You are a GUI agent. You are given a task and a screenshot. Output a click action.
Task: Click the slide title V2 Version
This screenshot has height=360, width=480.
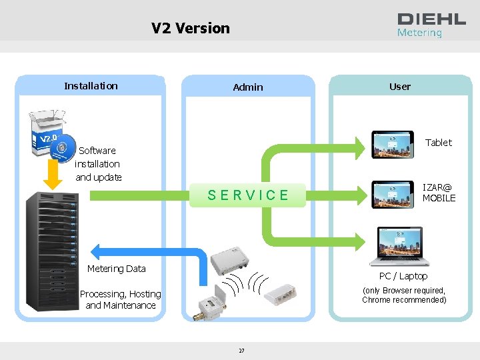(190, 28)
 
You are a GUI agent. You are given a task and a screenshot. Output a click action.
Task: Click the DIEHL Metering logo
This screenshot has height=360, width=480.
(431, 25)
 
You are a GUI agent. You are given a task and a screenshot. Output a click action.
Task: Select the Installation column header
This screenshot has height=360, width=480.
(91, 85)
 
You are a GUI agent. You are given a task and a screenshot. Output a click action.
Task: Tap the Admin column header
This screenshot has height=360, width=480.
(248, 87)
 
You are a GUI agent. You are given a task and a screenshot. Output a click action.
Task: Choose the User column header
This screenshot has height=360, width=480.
(400, 86)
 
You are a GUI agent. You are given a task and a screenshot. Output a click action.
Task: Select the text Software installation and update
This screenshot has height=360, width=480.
(98, 164)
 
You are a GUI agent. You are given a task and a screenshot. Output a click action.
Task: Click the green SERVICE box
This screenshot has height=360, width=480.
(248, 195)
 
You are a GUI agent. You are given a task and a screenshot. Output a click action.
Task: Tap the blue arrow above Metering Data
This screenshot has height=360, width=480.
(147, 252)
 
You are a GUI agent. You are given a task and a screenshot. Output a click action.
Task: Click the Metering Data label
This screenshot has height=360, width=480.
(117, 269)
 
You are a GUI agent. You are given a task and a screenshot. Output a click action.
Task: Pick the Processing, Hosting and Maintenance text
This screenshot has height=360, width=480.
(121, 299)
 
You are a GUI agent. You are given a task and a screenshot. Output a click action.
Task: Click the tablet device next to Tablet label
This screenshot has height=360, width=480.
(393, 145)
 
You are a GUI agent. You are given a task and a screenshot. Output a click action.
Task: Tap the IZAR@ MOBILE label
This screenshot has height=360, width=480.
(439, 193)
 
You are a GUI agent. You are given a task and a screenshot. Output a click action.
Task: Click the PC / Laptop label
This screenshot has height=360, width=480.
(403, 276)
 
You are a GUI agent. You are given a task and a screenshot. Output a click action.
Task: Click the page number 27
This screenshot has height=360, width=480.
(241, 351)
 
